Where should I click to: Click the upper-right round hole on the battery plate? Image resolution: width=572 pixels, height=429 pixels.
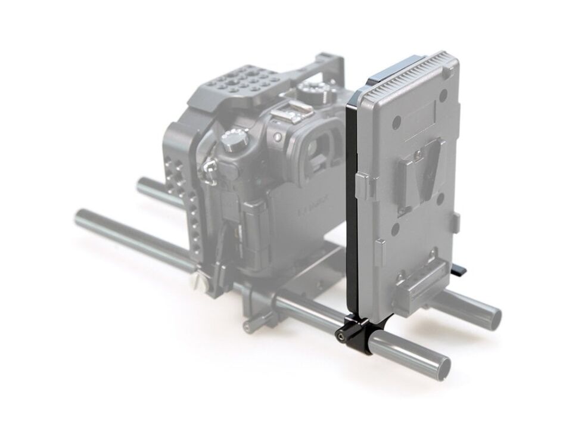click(x=444, y=96)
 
